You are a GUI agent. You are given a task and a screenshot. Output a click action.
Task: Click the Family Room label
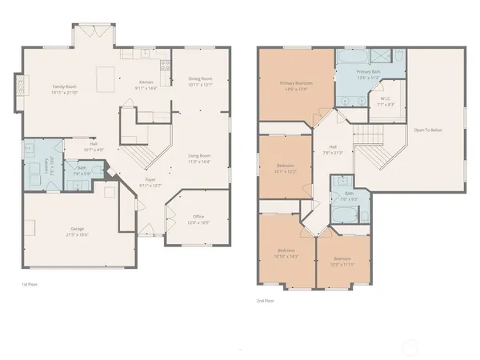(65, 86)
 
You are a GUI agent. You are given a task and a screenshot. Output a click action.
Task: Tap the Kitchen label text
(146, 82)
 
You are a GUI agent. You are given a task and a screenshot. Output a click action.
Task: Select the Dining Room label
(200, 78)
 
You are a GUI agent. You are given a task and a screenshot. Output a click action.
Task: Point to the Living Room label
(199, 155)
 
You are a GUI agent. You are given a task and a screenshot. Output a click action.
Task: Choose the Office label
(198, 216)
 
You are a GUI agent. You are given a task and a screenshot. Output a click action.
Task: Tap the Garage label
(77, 229)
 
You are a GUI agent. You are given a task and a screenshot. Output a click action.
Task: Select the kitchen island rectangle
(104, 79)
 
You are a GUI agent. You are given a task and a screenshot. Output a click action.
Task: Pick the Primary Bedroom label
(296, 83)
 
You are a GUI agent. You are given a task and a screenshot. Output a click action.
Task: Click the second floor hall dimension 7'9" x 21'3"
(334, 152)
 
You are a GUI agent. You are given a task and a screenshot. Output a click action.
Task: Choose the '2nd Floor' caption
(266, 300)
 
